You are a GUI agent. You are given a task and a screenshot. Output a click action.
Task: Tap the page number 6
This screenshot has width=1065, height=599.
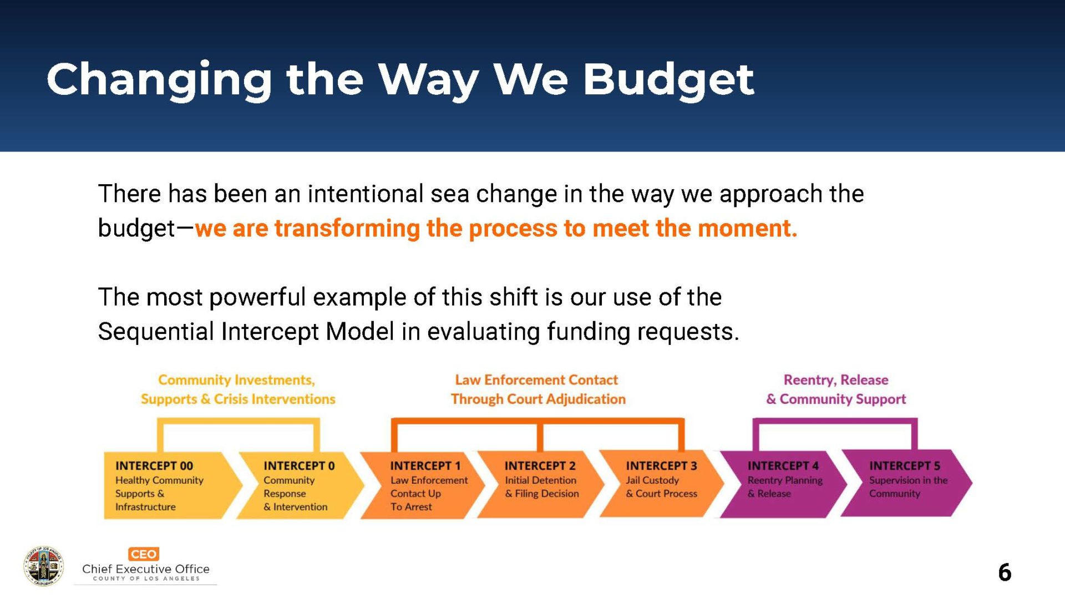point(1005,572)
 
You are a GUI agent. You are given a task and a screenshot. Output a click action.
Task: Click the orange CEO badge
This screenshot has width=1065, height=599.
point(144,554)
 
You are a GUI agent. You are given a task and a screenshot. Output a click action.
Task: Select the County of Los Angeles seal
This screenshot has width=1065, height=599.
point(44,566)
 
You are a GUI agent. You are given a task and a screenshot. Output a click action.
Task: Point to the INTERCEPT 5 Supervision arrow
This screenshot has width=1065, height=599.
point(906,483)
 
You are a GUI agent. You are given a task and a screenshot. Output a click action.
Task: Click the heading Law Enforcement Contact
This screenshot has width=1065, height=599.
point(536,380)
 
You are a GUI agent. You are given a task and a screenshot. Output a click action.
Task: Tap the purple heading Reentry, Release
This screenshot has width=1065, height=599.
point(836,380)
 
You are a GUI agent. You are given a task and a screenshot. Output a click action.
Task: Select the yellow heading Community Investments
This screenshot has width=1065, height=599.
point(236,380)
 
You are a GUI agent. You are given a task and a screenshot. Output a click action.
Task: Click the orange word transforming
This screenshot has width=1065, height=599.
point(347,229)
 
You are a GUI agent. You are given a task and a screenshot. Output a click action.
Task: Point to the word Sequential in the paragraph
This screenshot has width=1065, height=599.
point(156,332)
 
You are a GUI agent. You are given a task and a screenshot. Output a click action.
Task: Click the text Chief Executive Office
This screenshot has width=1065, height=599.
point(146,569)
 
